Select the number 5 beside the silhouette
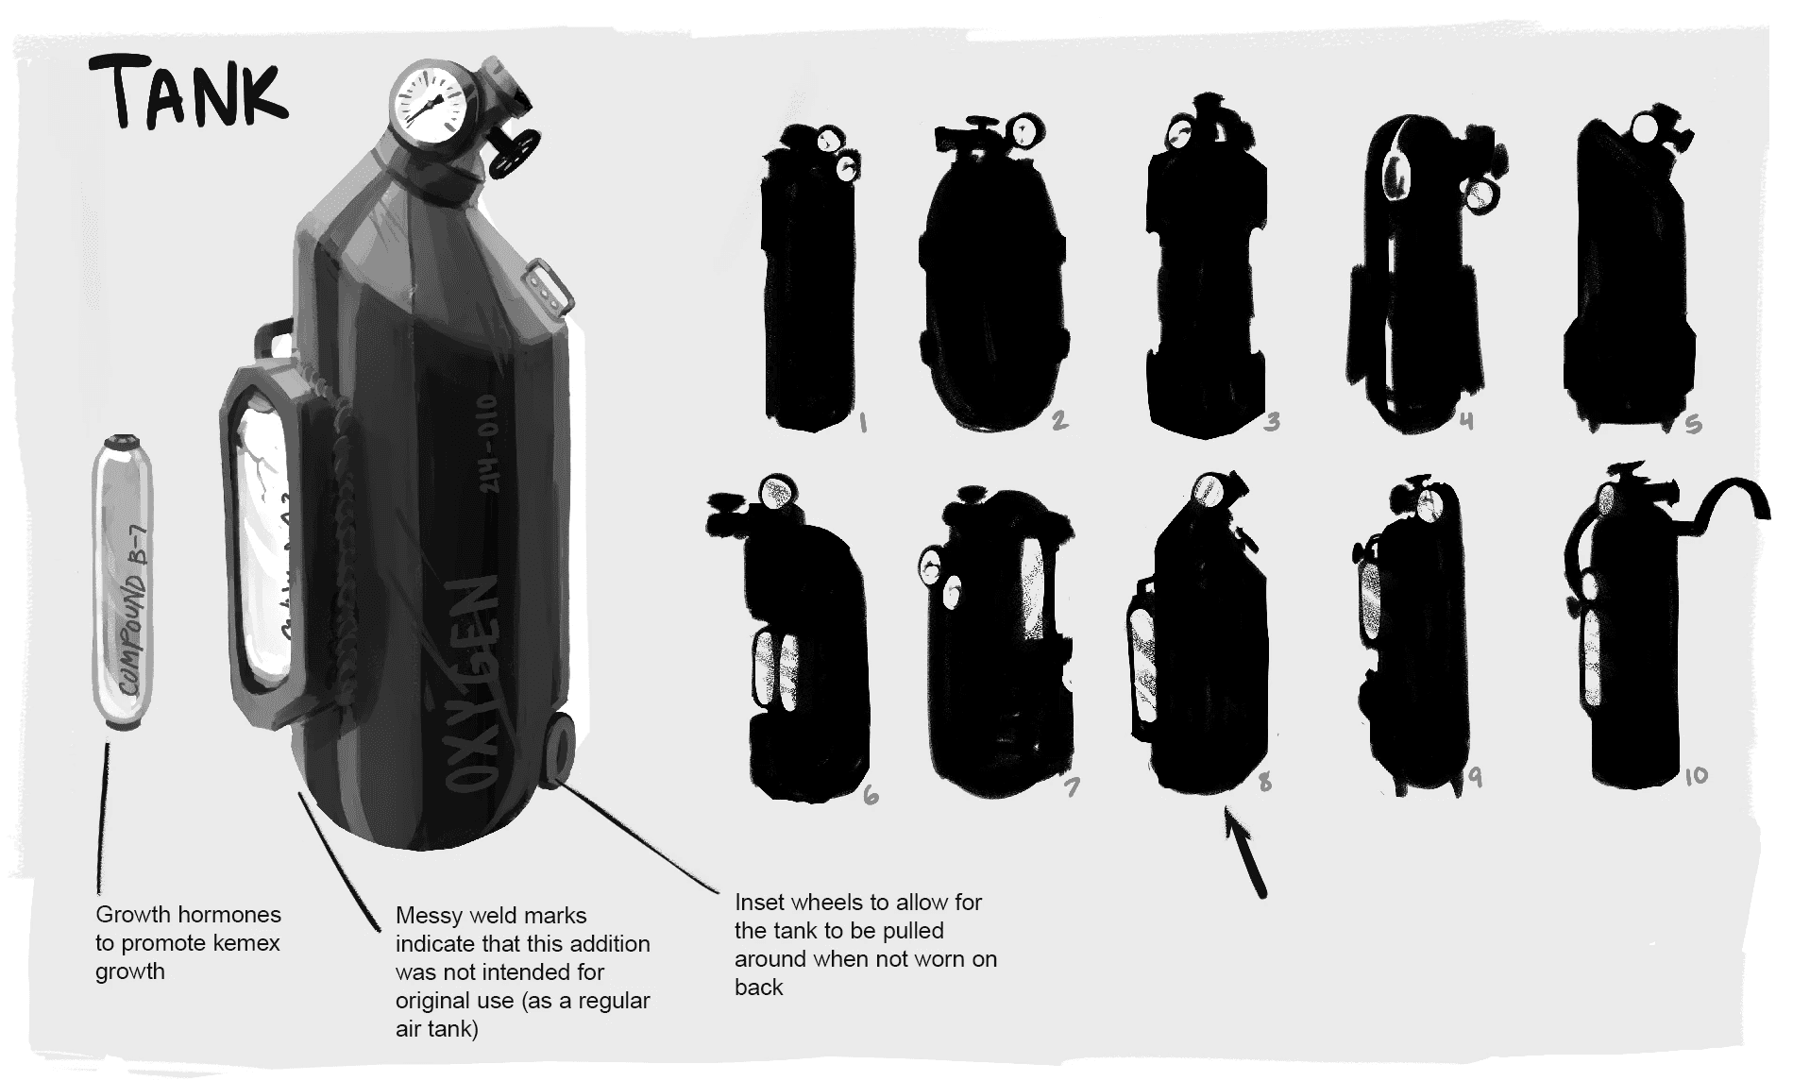(x=1694, y=424)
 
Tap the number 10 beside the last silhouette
(x=1696, y=776)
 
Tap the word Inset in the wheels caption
(x=759, y=903)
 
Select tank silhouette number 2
(x=991, y=283)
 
